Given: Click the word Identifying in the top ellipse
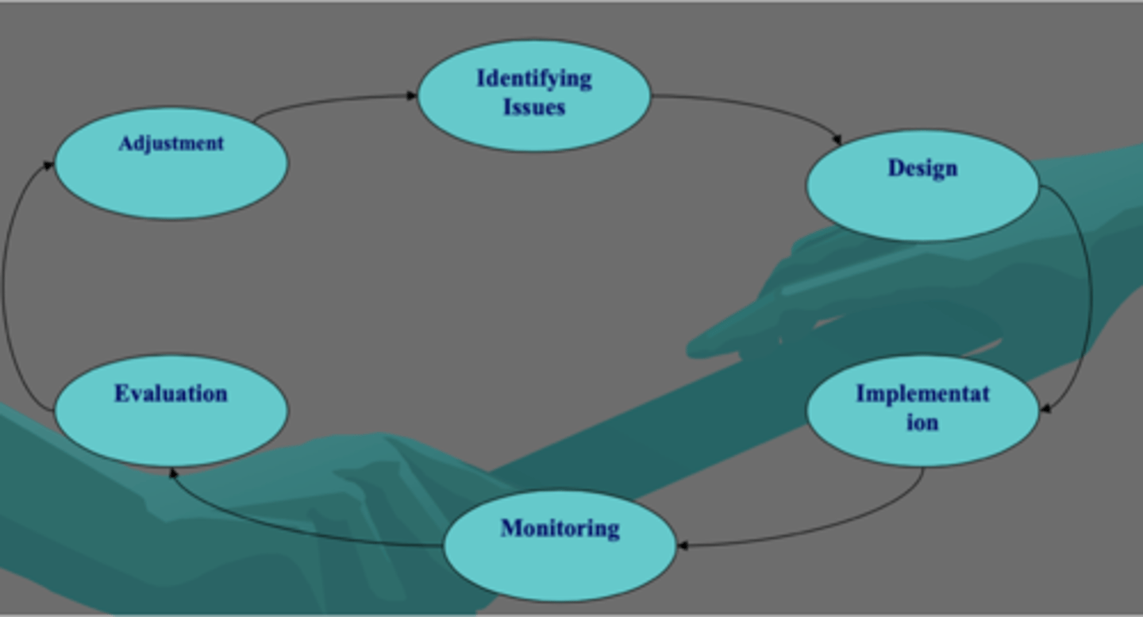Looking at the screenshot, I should click(x=533, y=79).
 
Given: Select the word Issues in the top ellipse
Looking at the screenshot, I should click(x=533, y=106).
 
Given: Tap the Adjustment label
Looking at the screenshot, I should click(x=171, y=144).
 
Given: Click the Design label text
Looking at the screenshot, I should click(x=922, y=168).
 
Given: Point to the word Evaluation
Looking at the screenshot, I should click(x=171, y=394).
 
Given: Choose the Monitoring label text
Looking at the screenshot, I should click(x=560, y=528).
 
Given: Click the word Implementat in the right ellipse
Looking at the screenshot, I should click(x=922, y=394).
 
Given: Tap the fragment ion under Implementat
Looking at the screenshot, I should click(x=922, y=422).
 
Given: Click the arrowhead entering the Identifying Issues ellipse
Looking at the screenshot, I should click(x=411, y=96).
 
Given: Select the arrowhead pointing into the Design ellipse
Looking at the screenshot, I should click(x=837, y=141).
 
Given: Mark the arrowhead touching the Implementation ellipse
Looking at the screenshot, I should click(x=1045, y=409).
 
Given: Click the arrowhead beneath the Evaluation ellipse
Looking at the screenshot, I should click(x=172, y=472).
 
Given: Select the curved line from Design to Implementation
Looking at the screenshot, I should click(x=1090, y=294).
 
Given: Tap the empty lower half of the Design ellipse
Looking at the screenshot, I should click(x=922, y=210).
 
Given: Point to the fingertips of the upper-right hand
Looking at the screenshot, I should click(x=698, y=347).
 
